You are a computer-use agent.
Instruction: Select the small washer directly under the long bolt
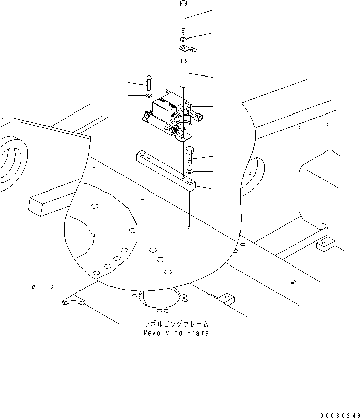coord(183,39)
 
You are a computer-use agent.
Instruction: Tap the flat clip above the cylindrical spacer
coord(186,49)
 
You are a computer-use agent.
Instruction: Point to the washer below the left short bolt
coord(149,95)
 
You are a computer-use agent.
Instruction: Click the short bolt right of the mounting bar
coord(190,155)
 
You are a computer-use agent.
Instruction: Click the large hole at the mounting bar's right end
coord(189,180)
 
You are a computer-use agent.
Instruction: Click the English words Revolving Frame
coord(176,333)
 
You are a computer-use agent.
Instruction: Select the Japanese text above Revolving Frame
coord(176,324)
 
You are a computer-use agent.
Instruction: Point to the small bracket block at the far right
coord(324,245)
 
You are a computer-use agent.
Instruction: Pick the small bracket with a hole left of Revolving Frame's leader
coord(226,298)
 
